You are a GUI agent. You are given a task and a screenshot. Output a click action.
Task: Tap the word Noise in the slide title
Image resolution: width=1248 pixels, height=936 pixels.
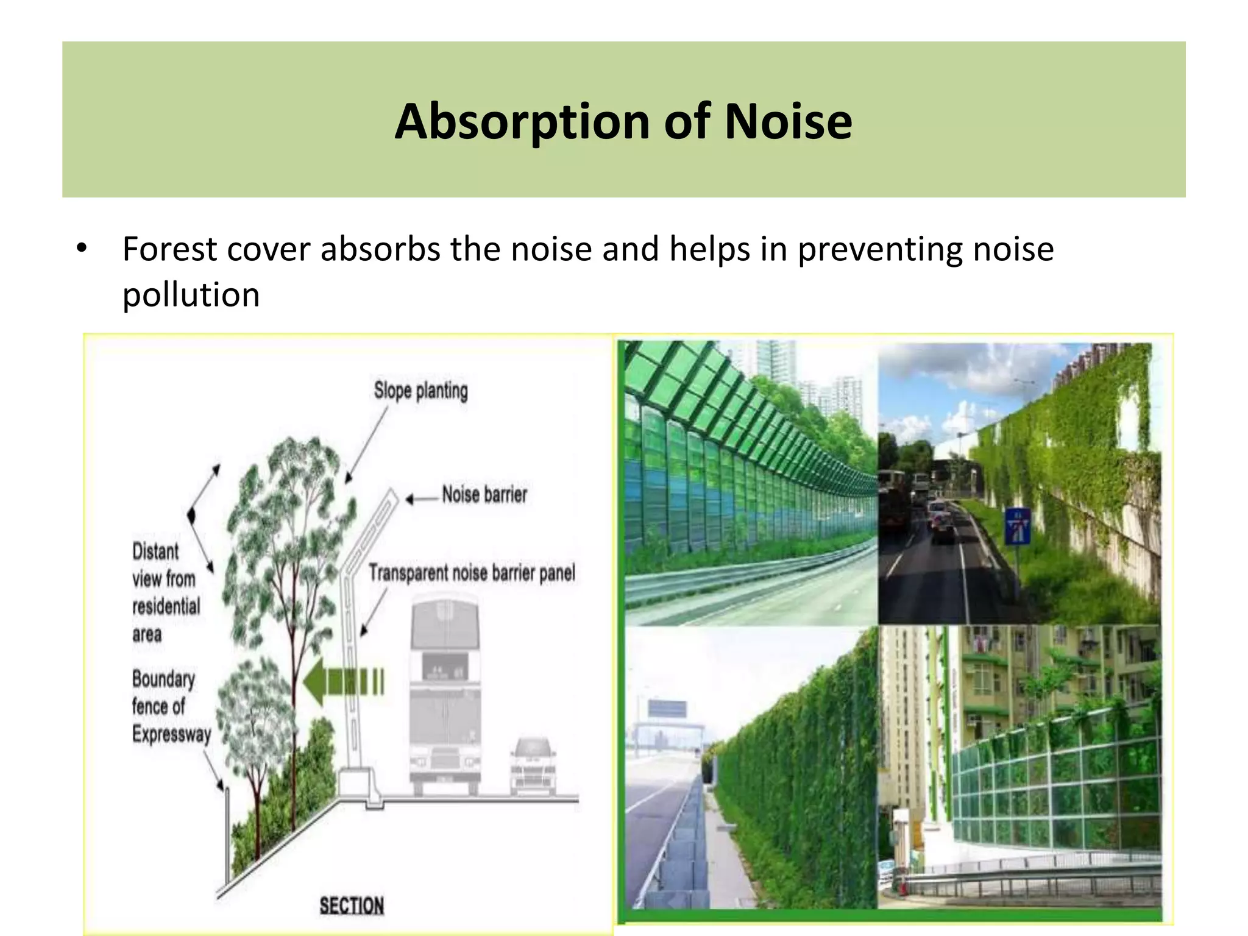(x=788, y=122)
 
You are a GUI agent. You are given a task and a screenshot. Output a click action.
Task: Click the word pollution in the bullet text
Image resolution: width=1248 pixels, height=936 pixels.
(x=191, y=295)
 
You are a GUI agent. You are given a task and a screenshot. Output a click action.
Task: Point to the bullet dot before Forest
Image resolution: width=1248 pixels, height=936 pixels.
(x=82, y=249)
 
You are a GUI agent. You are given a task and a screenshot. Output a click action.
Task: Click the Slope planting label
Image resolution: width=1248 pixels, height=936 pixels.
(x=420, y=391)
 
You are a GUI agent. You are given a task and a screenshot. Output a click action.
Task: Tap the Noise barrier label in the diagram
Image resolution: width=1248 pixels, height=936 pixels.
(x=484, y=494)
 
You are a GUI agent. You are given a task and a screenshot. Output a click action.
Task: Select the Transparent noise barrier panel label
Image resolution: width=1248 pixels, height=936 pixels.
(x=472, y=573)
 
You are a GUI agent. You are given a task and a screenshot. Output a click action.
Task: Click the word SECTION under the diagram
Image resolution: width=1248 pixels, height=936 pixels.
(x=352, y=906)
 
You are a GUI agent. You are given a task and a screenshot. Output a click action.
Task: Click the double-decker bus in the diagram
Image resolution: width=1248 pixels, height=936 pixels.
(x=445, y=695)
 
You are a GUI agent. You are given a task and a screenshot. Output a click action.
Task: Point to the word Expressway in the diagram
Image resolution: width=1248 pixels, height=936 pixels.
(x=171, y=734)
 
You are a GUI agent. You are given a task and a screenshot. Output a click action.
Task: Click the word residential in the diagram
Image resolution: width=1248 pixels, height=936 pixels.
(x=166, y=606)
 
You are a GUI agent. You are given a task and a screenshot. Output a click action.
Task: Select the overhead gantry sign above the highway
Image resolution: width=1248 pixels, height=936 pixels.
(x=667, y=709)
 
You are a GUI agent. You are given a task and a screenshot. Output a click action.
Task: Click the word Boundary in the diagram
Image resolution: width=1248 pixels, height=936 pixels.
(x=163, y=679)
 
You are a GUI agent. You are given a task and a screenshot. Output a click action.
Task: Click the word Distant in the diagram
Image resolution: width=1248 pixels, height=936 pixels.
(x=155, y=551)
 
